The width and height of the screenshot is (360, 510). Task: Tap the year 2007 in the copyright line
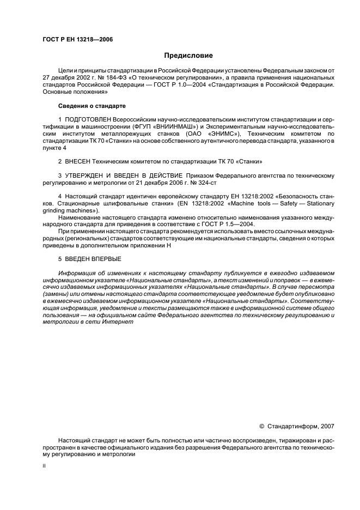(327, 426)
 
